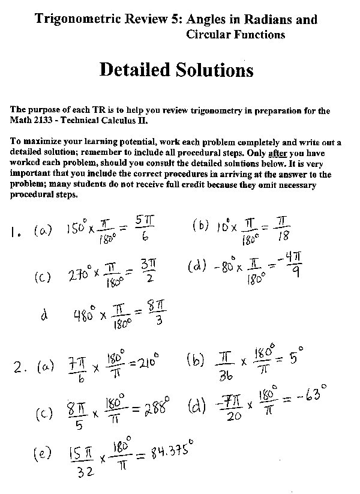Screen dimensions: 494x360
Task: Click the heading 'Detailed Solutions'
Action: click(x=176, y=70)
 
